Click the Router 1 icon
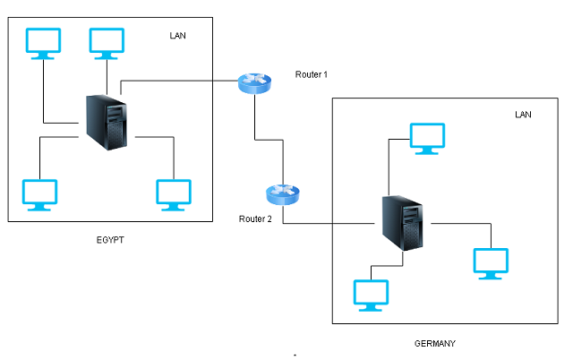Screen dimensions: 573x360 tap(254, 83)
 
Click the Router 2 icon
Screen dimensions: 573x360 tap(283, 194)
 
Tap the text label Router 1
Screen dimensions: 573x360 tap(312, 74)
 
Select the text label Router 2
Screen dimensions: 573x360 tap(255, 219)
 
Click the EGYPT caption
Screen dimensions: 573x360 tap(110, 240)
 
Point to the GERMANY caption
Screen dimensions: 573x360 tap(435, 344)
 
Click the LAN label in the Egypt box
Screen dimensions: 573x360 tap(177, 36)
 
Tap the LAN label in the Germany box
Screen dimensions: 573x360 tap(523, 115)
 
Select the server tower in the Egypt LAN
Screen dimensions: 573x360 tap(107, 123)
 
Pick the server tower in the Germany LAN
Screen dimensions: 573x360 tap(403, 223)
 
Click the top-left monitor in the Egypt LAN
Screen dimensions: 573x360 tap(43, 44)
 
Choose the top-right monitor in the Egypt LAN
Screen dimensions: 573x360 tap(107, 44)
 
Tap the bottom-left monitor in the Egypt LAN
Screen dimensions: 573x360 tap(39, 195)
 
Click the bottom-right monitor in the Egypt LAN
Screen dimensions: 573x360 tap(174, 195)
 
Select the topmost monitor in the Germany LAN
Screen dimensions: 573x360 tap(427, 139)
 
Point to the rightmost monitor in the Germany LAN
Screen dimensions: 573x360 tap(491, 264)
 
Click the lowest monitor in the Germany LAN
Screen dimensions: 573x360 tap(371, 296)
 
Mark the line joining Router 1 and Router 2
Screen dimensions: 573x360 tap(269, 140)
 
